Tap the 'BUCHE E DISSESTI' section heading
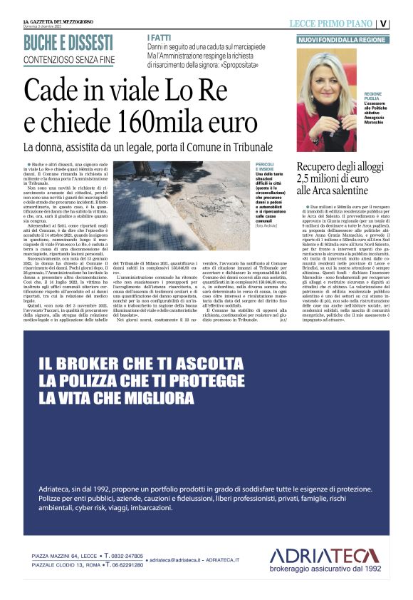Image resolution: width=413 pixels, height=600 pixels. pos(68,42)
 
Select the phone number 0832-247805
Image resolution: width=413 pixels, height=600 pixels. pos(125,555)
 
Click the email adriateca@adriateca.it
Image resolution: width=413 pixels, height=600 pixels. pos(178,561)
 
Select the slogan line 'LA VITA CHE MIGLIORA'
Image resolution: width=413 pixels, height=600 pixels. pos(117,397)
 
